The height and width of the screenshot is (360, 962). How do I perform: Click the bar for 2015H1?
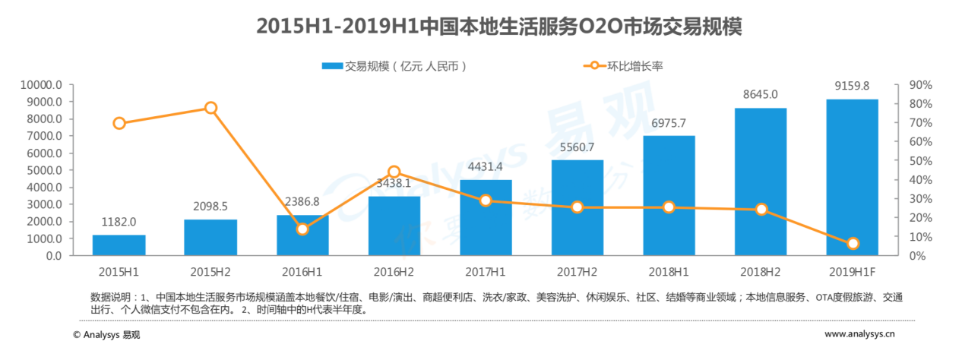click(x=119, y=245)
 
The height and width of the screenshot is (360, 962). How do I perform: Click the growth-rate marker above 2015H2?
click(x=211, y=108)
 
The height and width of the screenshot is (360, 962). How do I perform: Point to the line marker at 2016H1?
click(x=302, y=229)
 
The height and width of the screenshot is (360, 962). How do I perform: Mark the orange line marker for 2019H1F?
click(x=853, y=243)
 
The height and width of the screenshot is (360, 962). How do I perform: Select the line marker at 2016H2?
click(x=394, y=172)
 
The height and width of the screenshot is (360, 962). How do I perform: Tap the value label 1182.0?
click(x=119, y=222)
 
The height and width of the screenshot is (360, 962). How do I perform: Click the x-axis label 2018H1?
click(x=669, y=270)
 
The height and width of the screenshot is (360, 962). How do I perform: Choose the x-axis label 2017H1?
click(x=486, y=270)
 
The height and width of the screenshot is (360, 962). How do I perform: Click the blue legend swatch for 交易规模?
click(x=332, y=66)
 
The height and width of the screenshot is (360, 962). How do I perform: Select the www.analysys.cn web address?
click(x=859, y=333)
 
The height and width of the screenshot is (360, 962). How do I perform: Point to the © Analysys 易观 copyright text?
click(x=106, y=334)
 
